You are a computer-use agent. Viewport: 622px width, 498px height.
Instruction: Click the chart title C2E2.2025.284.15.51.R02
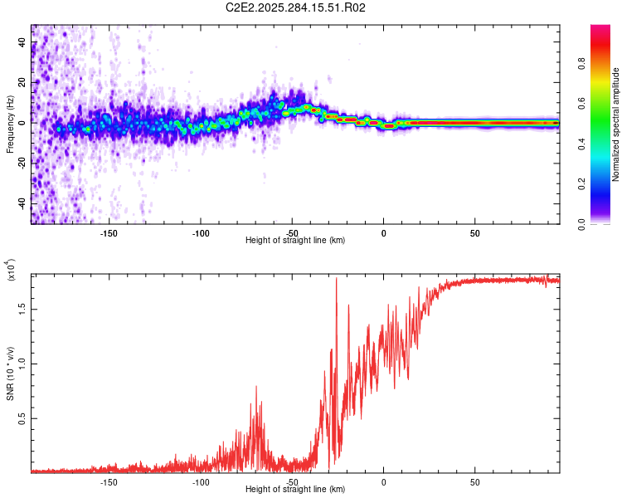(296, 8)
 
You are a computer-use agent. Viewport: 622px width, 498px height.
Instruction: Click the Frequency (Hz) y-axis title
(10, 124)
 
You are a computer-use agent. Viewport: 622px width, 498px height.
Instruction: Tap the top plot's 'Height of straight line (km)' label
(295, 240)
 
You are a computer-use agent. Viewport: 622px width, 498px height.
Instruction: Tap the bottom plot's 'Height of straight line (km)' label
(295, 489)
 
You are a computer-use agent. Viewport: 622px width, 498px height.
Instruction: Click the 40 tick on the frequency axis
(22, 43)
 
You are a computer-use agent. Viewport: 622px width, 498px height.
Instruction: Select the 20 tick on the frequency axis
(22, 83)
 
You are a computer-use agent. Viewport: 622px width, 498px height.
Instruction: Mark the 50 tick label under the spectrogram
(474, 232)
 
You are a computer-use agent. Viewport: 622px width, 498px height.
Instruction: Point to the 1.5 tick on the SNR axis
(22, 308)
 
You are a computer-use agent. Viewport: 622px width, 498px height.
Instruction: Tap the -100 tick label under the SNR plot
(200, 481)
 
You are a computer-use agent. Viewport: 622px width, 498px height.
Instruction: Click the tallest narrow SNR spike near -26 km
(336, 279)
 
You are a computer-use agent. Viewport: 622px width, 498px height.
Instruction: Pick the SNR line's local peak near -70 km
(256, 386)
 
